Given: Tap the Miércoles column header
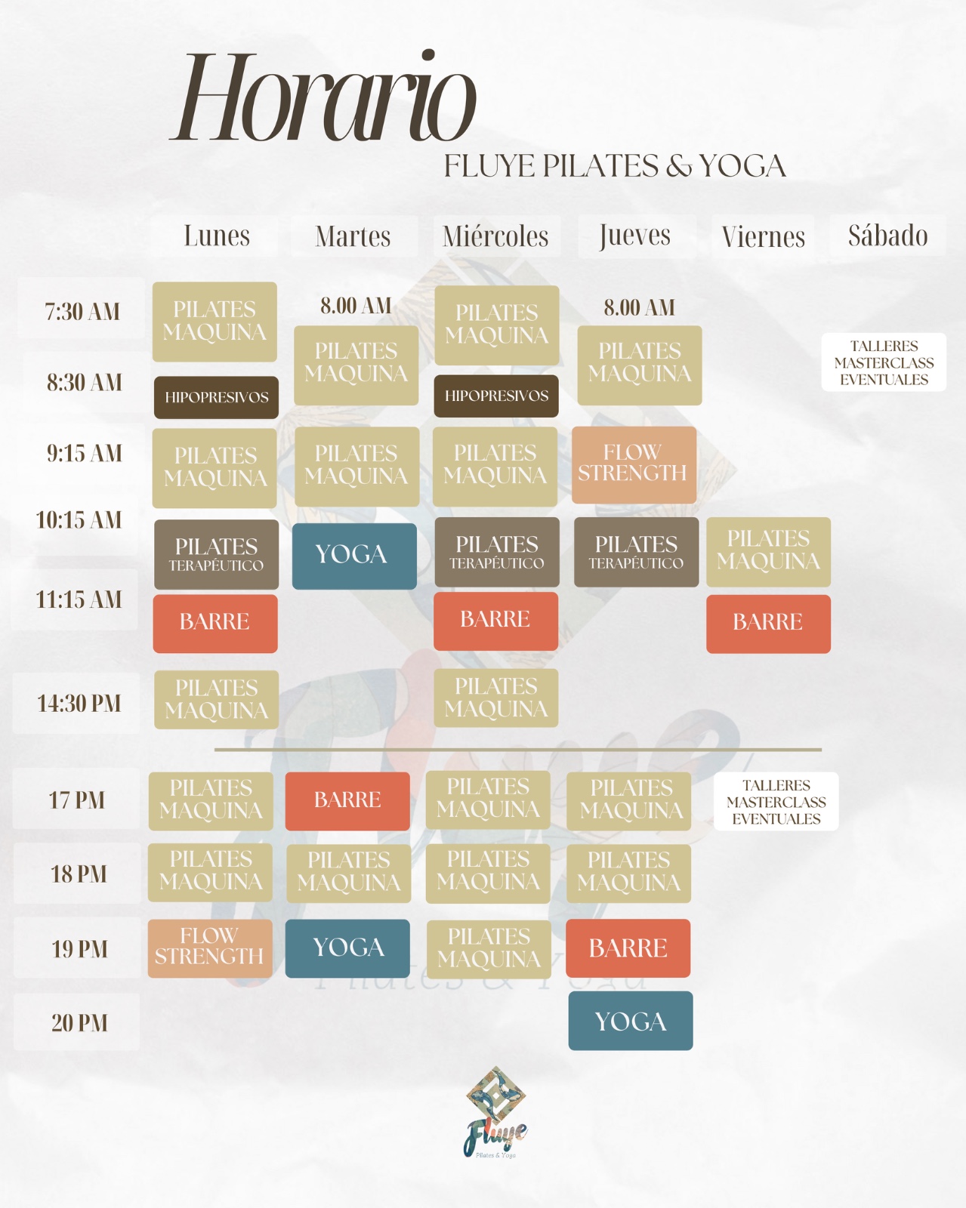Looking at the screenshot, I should coord(495,236).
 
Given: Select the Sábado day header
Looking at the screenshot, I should coord(887,236).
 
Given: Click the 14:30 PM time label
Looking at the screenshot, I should coord(79,704).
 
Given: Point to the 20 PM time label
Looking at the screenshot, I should coord(79,1023).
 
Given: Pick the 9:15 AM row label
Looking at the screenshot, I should coord(84,453).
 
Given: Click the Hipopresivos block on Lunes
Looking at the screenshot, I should coord(216,397).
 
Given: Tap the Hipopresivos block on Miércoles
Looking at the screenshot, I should coord(496,396).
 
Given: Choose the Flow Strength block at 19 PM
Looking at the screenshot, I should coord(210,948).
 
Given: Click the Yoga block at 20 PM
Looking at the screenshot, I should coord(630,1021).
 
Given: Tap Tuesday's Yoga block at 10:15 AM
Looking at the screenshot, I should coord(353,556).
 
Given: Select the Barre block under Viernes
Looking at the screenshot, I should coord(768,623).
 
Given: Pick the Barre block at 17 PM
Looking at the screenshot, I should coord(347,800).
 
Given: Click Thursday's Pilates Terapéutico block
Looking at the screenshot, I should coord(636,552).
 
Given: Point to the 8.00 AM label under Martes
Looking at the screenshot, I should coord(356,306).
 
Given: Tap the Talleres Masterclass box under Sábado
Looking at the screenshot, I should coord(884,362).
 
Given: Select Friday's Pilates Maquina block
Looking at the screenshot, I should coord(768,551).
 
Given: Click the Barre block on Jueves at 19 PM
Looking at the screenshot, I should coord(628,948).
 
